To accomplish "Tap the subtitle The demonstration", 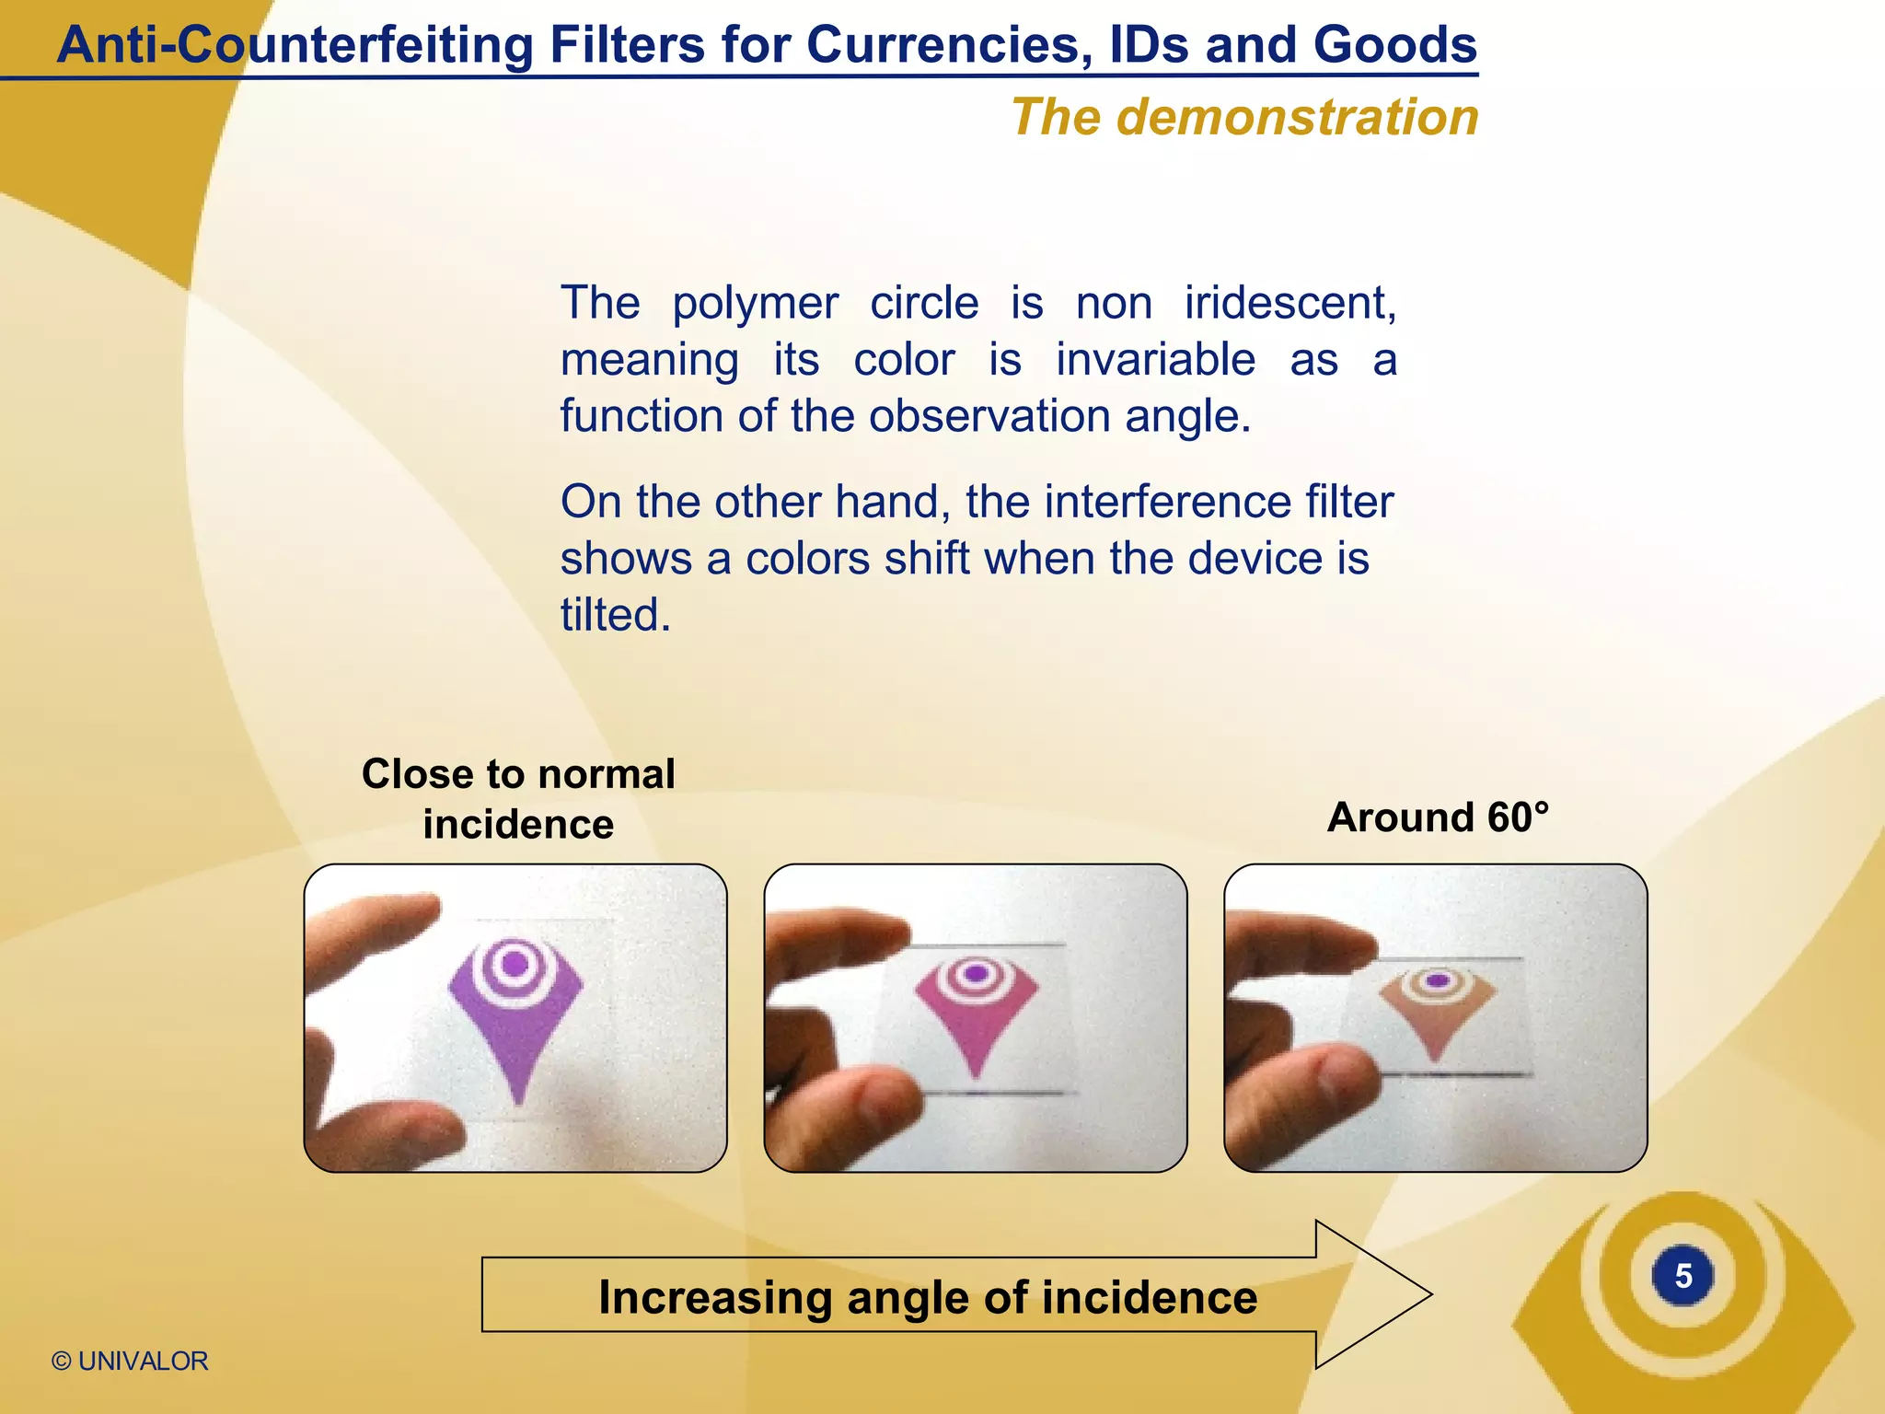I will coord(1244,118).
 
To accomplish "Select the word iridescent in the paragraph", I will coord(1289,303).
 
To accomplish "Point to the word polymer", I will coord(755,303).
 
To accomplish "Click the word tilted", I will coord(615,615).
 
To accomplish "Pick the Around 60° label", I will coord(1438,817).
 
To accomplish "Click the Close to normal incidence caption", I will coord(518,798).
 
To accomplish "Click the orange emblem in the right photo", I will coord(1436,1003).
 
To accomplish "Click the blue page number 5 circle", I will coord(1683,1276).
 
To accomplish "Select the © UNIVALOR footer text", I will coord(130,1361).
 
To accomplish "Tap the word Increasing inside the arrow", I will coord(714,1297).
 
